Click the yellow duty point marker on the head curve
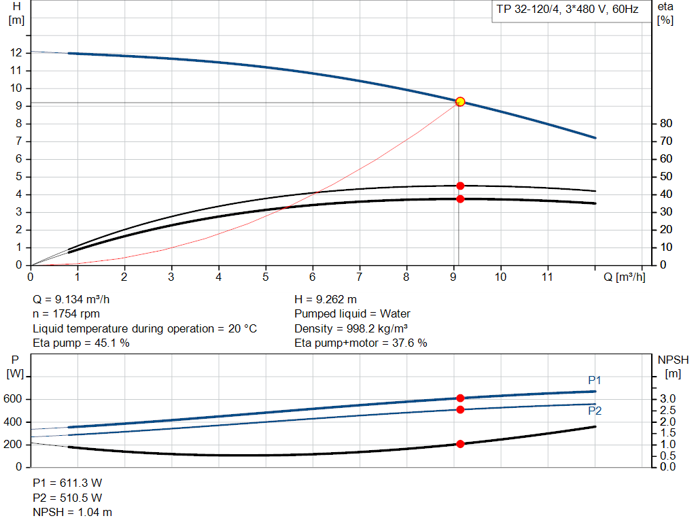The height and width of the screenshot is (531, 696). pos(460,101)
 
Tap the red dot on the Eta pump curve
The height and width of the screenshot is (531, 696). pos(460,186)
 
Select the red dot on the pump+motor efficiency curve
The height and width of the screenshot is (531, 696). pos(460,199)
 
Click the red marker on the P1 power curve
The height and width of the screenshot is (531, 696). pos(460,398)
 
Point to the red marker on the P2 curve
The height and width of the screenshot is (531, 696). pos(460,409)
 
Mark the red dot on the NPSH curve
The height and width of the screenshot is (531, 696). pos(460,444)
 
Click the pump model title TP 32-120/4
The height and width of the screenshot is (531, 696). pos(565,11)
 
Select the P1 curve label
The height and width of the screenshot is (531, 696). pos(595,380)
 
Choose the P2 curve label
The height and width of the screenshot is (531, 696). pos(595,411)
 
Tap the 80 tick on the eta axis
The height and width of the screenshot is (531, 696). pos(665,124)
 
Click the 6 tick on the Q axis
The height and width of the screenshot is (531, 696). pos(313,277)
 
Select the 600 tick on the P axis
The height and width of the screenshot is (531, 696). pos(15,399)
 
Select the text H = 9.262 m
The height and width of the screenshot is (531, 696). pos(326,299)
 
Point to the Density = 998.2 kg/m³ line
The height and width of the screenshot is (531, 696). pos(351,328)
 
